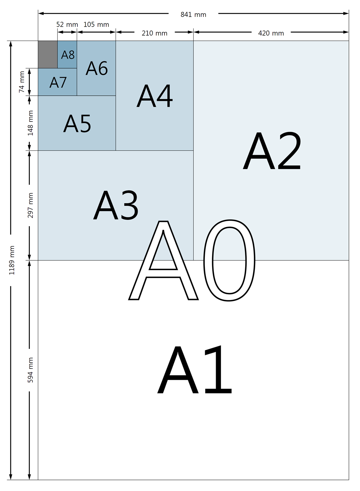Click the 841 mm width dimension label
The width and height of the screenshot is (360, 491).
[x=193, y=15]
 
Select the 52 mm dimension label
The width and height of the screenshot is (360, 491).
[x=67, y=24]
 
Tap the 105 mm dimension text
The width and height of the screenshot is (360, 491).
[x=96, y=24]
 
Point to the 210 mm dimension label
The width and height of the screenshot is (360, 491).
[x=154, y=33]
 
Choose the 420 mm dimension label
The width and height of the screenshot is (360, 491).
[x=271, y=33]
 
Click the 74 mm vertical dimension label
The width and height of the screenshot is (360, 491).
[x=22, y=82]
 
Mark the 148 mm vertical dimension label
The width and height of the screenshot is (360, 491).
[x=31, y=123]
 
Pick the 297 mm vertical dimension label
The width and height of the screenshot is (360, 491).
[x=31, y=205]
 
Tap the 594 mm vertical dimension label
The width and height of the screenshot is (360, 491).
[x=31, y=370]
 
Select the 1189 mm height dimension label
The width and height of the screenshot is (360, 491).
[x=12, y=260]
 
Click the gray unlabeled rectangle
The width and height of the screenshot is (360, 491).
[x=48, y=54]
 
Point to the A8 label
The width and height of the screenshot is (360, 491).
[x=68, y=55]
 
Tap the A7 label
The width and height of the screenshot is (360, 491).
[x=58, y=83]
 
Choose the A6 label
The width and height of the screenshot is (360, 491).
[x=97, y=68]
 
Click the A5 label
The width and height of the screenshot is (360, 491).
[x=77, y=124]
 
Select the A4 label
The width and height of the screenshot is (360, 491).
[x=155, y=96]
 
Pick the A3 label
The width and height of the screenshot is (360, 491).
[x=116, y=206]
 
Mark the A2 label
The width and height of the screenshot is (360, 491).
[x=272, y=151]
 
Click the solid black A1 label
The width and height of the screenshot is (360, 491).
[x=195, y=370]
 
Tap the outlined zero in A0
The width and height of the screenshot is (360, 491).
[x=229, y=260]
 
